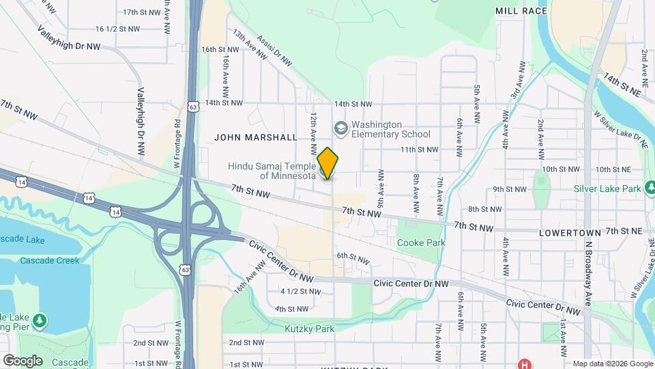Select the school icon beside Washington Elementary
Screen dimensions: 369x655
340,128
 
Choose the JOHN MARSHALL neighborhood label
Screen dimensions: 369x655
256,137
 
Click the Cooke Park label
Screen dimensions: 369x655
421,243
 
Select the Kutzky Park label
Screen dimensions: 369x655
310,329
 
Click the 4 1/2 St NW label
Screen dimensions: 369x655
300,292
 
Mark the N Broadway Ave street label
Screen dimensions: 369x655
587,274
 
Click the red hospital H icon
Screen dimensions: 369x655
524,363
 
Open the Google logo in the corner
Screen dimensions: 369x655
22,360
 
